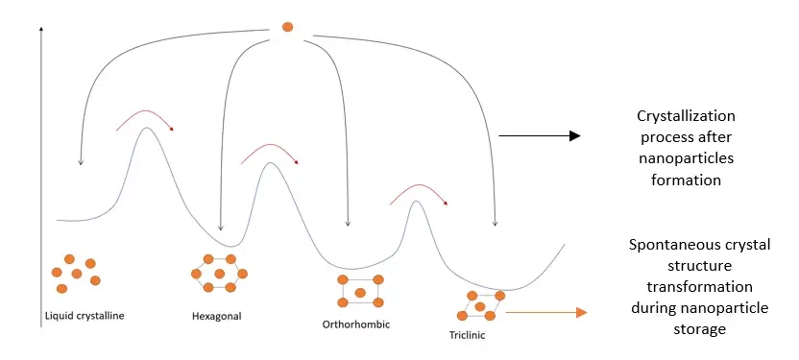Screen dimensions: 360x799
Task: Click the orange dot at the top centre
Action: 287,27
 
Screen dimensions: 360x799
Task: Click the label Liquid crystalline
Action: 85,315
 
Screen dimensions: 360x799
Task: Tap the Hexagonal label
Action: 217,314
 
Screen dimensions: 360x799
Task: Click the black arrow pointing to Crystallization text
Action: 547,135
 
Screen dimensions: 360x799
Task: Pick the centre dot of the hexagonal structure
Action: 220,274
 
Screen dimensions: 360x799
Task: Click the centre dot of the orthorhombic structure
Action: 360,292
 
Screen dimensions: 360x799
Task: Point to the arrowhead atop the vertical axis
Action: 41,35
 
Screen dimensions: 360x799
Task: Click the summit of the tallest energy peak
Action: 146,129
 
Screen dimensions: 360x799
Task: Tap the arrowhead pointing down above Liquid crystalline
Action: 81,162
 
